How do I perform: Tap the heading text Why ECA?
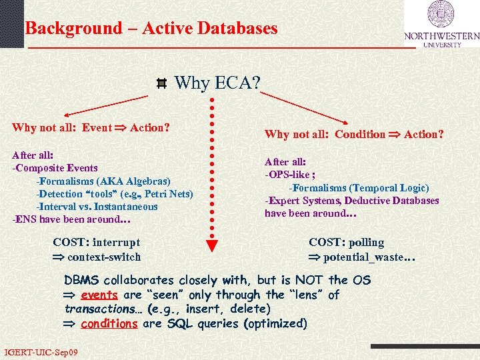pos(217,83)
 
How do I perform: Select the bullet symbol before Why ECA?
pos(161,84)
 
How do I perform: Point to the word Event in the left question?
pos(97,127)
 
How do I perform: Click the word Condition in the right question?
pos(360,134)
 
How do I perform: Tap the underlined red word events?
pos(99,295)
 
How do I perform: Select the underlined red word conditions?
pos(109,324)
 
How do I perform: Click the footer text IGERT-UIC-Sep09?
pos(41,351)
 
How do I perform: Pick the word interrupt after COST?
pos(117,243)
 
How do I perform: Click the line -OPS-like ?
pos(290,175)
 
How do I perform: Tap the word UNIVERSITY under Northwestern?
pos(442,45)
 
